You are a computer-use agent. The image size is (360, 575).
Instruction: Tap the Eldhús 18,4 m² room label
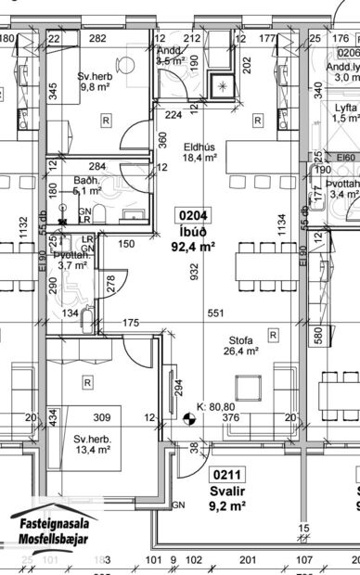point(199,152)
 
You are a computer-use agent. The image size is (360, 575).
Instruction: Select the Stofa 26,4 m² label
point(240,345)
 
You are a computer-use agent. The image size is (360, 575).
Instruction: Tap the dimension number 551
point(216,313)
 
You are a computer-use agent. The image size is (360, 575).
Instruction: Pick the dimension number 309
point(101,416)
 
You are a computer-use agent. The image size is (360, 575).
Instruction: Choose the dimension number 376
point(231,416)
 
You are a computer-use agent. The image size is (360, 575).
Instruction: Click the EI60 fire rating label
point(345,158)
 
